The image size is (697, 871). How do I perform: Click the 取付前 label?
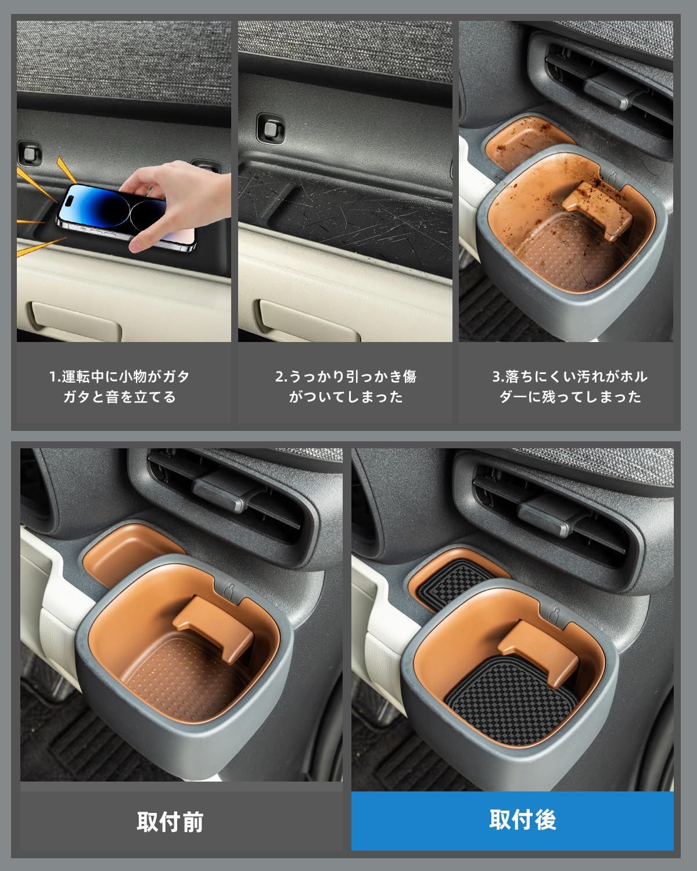coord(170,822)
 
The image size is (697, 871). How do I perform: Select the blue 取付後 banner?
coord(512,821)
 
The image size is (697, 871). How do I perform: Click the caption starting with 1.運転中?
coord(120,387)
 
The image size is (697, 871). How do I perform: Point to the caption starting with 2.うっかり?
coord(346,387)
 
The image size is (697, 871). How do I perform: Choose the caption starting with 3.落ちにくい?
coord(570,387)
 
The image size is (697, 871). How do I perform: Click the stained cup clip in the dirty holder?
coord(597,210)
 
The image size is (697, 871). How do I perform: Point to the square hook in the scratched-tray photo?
coord(270,129)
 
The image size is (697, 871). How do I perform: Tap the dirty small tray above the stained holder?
coord(526,139)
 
